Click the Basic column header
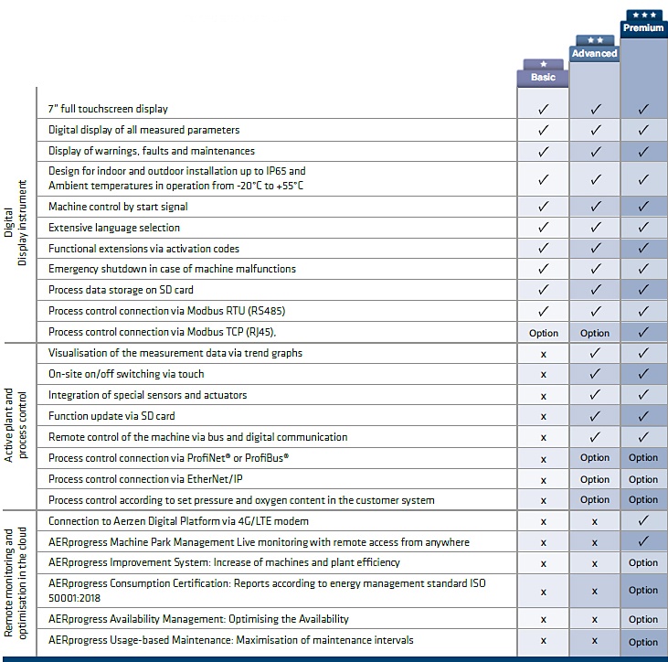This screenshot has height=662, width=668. pos(543,77)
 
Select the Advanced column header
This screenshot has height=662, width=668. pos(594,53)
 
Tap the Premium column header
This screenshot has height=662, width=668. pos(643,27)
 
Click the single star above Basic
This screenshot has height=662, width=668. pos(543,64)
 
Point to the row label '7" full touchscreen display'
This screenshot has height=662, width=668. pos(108,109)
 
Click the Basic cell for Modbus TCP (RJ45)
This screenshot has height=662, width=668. pos(544,333)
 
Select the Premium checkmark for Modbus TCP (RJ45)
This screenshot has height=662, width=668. pos(643,332)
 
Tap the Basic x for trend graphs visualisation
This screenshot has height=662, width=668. pos(543,354)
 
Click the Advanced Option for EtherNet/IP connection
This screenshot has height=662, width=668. pos(595,479)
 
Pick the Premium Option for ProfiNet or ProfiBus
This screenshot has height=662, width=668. pos(643,457)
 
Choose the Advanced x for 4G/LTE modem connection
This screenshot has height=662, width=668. pos(595,522)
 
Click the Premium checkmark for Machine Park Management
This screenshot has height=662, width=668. pos(643,541)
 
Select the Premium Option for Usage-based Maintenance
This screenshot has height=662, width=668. pos(643,642)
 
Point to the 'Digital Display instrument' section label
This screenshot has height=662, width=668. pos(16,222)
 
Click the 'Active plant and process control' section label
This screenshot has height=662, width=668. pos(16,425)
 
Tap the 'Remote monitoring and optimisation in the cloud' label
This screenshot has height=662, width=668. pos(16,583)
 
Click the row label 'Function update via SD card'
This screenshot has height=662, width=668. pos(111,416)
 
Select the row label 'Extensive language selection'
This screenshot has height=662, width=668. pos(114,228)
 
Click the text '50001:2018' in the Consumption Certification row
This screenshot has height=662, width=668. pos(74,598)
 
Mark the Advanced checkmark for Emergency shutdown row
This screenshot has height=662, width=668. pos(596,269)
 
